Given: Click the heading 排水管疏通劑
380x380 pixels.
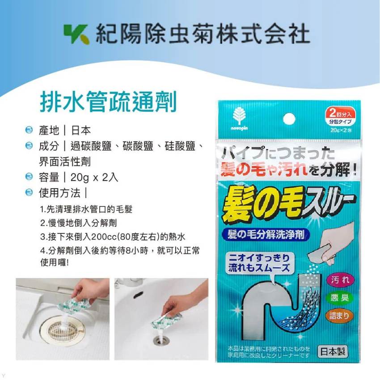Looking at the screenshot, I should (109, 102).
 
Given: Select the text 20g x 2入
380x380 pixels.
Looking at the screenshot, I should (92, 177).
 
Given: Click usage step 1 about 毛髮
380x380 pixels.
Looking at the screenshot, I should (86, 209).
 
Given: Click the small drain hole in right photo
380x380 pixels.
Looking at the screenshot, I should (159, 341).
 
